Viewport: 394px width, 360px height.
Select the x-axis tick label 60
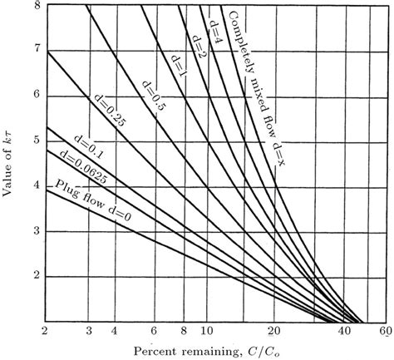[x=384, y=332]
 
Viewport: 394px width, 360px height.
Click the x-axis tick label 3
[x=89, y=332]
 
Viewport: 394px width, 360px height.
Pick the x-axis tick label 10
[x=209, y=332]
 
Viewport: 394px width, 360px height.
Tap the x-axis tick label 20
[x=278, y=332]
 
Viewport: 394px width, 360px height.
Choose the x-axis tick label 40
[x=346, y=332]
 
